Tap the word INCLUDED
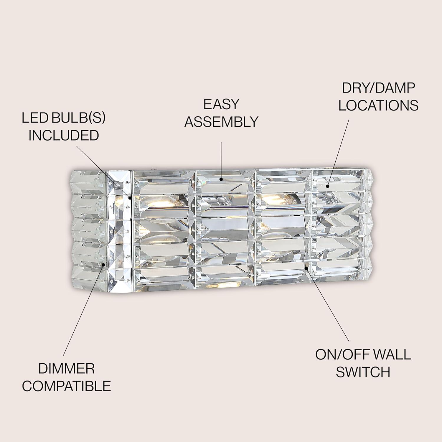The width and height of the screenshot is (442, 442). (63, 136)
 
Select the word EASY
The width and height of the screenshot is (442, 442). (221, 104)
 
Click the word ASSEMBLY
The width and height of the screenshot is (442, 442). (221, 122)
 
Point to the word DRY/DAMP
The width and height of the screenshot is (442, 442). (378, 88)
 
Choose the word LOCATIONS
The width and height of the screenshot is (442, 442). (378, 105)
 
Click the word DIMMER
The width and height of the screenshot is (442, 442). (66, 369)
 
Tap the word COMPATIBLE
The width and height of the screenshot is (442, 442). (66, 386)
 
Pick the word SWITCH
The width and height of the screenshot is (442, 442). (363, 372)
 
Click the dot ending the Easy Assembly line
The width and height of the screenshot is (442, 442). (221, 179)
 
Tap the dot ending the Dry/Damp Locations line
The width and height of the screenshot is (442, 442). (327, 186)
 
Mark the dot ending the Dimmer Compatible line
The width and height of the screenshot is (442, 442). (103, 265)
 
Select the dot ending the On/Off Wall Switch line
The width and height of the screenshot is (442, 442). (306, 268)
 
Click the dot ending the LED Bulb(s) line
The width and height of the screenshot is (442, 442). (130, 198)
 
